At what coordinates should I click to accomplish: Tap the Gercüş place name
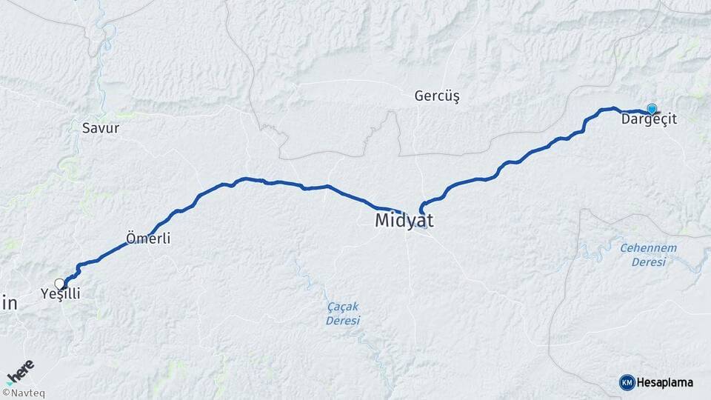pyautogui.click(x=437, y=96)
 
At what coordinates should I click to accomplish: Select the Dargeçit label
pyautogui.click(x=649, y=119)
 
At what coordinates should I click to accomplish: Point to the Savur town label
pyautogui.click(x=101, y=128)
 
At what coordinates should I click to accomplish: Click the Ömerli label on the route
pyautogui.click(x=148, y=239)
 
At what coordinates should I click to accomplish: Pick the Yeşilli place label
pyautogui.click(x=60, y=294)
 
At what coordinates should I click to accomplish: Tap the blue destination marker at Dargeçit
pyautogui.click(x=652, y=108)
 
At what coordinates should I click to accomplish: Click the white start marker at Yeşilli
pyautogui.click(x=59, y=283)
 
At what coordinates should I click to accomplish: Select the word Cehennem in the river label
pyautogui.click(x=648, y=247)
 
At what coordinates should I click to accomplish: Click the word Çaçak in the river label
pyautogui.click(x=342, y=307)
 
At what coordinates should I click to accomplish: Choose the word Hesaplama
pyautogui.click(x=664, y=383)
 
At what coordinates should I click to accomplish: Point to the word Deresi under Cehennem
pyautogui.click(x=648, y=261)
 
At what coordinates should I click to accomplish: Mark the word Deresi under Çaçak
pyautogui.click(x=342, y=320)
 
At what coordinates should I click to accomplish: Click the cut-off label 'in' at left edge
pyautogui.click(x=9, y=302)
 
